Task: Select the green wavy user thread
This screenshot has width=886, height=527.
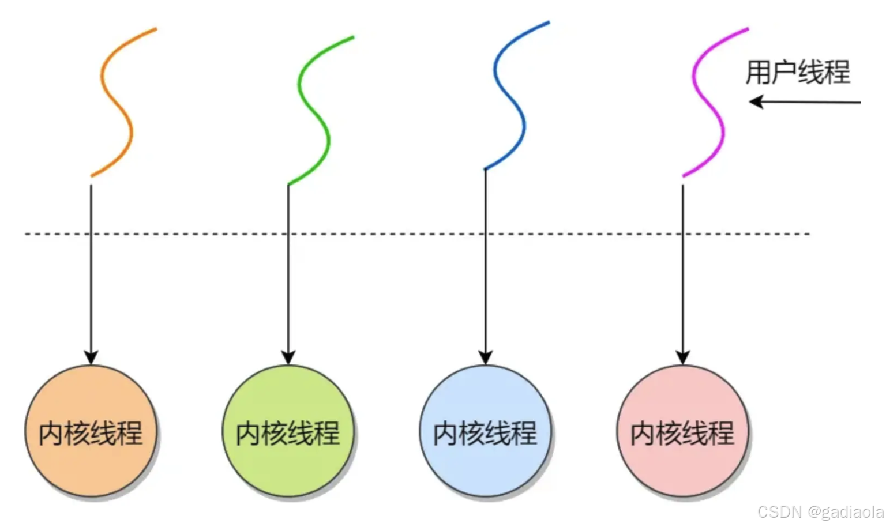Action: click(x=314, y=113)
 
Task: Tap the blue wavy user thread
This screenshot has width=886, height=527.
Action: click(x=510, y=98)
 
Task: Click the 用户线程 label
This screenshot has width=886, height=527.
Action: click(x=798, y=73)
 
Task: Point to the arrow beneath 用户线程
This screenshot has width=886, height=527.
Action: click(x=805, y=102)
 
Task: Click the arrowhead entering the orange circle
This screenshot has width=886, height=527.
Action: click(x=91, y=357)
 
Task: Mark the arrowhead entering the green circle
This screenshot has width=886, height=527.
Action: click(x=288, y=357)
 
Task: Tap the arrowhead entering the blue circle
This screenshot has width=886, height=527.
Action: click(x=486, y=357)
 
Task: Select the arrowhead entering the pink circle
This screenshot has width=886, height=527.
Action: click(x=683, y=357)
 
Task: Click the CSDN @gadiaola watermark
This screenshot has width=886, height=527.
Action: click(x=820, y=512)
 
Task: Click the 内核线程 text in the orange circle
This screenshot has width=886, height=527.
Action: click(x=91, y=433)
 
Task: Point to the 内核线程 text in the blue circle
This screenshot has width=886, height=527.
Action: click(x=485, y=433)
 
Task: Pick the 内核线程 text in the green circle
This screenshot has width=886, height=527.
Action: click(x=288, y=433)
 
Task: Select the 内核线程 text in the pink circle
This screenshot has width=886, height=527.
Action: click(x=682, y=433)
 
